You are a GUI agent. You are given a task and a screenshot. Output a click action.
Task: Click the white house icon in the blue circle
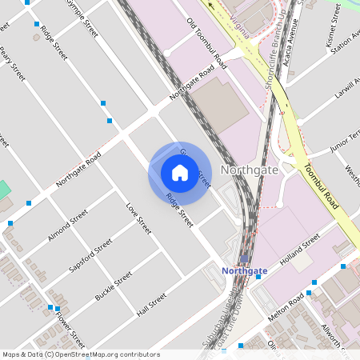pos(180,172)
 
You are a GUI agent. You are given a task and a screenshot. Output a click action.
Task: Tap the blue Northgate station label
pos(244,271)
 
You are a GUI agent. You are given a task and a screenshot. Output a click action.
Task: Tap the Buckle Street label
pos(114,286)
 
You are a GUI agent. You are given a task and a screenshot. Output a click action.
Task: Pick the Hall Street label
pos(151,305)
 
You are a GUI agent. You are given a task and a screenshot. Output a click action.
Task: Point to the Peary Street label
pos(13,64)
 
